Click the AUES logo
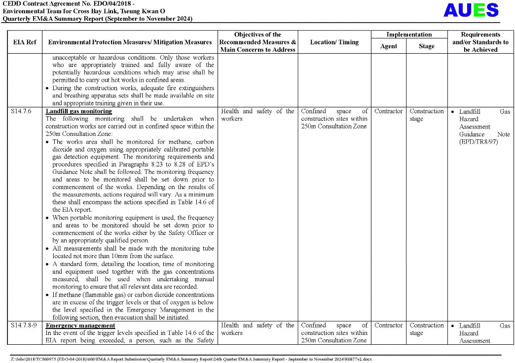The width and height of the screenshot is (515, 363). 471,10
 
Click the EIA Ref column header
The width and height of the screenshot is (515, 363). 24,42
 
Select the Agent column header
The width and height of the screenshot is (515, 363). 388,46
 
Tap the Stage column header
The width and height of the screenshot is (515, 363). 426,46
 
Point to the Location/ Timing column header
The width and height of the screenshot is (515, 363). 334,42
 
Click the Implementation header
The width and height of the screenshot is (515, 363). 408,34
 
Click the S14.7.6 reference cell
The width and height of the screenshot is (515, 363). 21,111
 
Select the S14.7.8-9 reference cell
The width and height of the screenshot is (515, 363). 24,326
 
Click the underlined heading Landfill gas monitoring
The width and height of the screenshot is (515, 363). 78,111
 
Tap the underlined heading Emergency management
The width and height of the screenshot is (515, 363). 80,326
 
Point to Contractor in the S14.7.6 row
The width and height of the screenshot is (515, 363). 388,111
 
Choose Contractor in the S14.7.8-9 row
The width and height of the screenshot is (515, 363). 388,326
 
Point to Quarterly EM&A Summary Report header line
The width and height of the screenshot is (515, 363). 97,19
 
